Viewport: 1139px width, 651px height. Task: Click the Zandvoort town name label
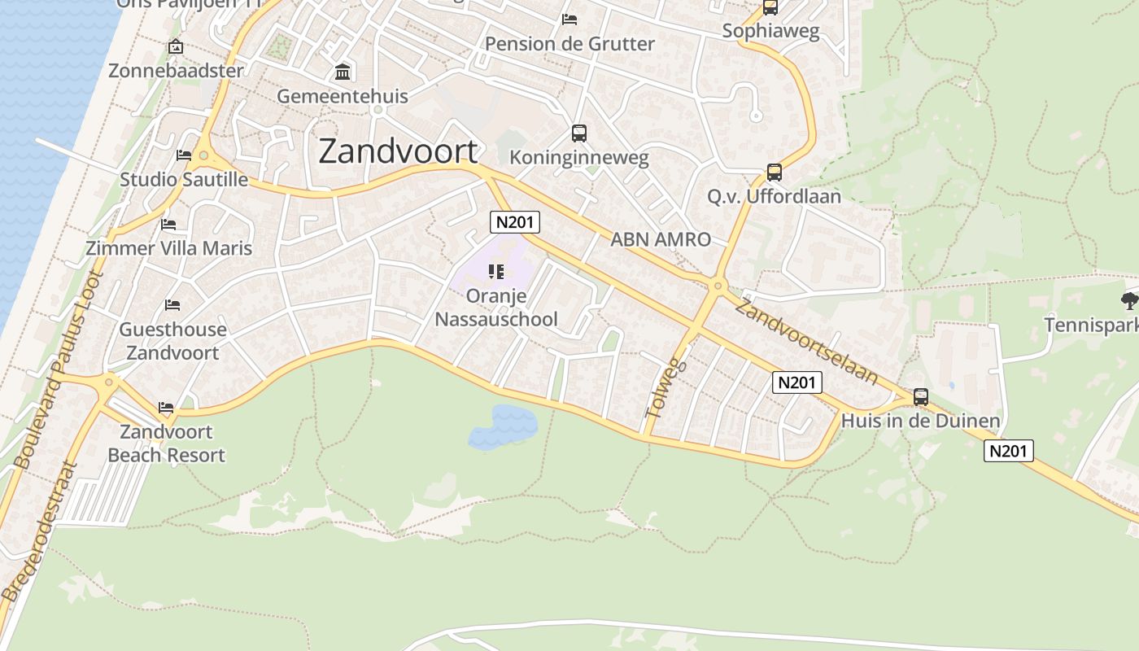pyautogui.click(x=398, y=151)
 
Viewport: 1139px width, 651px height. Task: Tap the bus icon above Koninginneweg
pyautogui.click(x=578, y=133)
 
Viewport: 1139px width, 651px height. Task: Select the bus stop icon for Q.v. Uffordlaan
pyautogui.click(x=774, y=173)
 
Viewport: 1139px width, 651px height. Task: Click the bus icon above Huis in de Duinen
pyautogui.click(x=920, y=397)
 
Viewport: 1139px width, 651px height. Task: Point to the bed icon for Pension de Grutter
pyautogui.click(x=569, y=20)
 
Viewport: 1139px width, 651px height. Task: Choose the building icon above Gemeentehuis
pyautogui.click(x=343, y=72)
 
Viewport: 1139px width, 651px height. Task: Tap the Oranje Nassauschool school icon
pyautogui.click(x=496, y=271)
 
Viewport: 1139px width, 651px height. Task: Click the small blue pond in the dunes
pyautogui.click(x=504, y=426)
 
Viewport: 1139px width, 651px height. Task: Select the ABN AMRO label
pyautogui.click(x=661, y=239)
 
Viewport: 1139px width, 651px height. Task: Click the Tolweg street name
pyautogui.click(x=666, y=388)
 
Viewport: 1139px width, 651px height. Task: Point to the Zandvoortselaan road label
pyautogui.click(x=806, y=340)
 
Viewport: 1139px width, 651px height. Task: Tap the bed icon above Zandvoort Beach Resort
pyautogui.click(x=166, y=407)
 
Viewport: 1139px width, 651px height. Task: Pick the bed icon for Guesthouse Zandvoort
pyautogui.click(x=172, y=305)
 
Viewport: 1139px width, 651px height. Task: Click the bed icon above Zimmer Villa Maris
pyautogui.click(x=168, y=224)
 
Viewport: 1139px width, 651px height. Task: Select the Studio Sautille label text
pyautogui.click(x=184, y=179)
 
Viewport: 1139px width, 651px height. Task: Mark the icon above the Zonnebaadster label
pyautogui.click(x=175, y=47)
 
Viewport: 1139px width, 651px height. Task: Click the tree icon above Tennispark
pyautogui.click(x=1128, y=300)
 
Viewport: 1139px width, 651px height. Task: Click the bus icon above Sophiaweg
pyautogui.click(x=770, y=8)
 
